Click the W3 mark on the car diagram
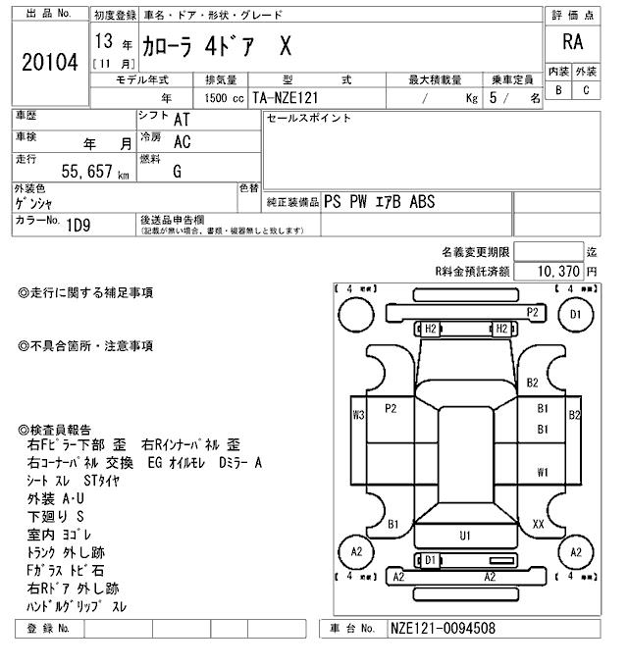pos(358,414)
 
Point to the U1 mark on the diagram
pos(465,536)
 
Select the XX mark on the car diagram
pos(538,525)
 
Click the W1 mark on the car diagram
pos(542,472)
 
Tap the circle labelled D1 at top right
pos(575,315)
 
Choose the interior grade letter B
pos(558,90)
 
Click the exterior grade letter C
pos(586,90)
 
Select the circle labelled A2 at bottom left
pos(356,552)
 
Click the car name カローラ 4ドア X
pos(220,46)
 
